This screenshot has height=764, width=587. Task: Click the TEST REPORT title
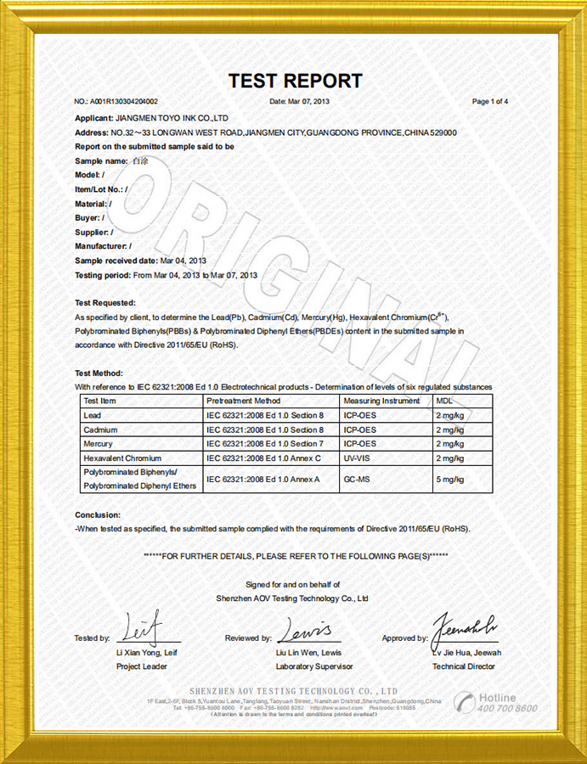[x=295, y=81]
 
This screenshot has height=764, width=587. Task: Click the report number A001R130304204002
[x=128, y=102]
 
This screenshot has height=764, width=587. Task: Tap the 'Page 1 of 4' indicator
[x=490, y=102]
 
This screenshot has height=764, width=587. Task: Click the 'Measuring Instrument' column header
[x=381, y=401]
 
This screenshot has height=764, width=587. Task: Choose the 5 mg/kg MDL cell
[x=449, y=480]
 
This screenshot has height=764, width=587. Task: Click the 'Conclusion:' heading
[x=98, y=515]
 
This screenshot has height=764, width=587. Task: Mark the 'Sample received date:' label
[x=116, y=261]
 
